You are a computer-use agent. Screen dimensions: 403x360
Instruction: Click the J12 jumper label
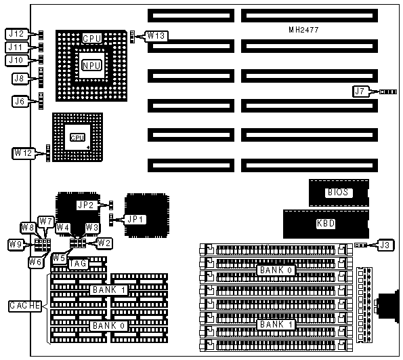[16, 34]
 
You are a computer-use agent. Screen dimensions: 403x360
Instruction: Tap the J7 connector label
[360, 91]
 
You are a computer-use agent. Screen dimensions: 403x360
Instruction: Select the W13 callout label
[156, 36]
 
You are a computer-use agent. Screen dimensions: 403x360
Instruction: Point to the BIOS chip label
[338, 193]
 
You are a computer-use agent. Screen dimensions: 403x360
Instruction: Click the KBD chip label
[326, 223]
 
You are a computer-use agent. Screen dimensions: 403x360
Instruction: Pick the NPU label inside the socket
[91, 65]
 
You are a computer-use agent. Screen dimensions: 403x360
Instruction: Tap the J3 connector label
[385, 245]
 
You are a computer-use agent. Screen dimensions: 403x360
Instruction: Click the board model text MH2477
[303, 30]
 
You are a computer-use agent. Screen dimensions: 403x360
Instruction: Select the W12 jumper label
[23, 153]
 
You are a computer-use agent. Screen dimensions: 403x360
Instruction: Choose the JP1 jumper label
[135, 220]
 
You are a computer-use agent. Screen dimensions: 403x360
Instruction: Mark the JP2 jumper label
[86, 205]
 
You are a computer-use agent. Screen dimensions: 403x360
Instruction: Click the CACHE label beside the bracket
[25, 306]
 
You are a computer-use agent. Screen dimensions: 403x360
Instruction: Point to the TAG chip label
[79, 264]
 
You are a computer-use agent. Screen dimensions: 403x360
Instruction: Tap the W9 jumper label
[16, 244]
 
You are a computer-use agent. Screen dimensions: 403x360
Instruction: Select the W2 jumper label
[104, 243]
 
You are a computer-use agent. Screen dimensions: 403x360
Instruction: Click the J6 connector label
[20, 101]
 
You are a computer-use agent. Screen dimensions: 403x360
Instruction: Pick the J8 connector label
[19, 78]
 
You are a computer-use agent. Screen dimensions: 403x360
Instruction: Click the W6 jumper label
[35, 262]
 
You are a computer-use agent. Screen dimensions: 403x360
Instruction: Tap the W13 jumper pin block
[132, 37]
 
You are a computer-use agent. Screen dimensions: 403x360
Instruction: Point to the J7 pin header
[388, 92]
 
